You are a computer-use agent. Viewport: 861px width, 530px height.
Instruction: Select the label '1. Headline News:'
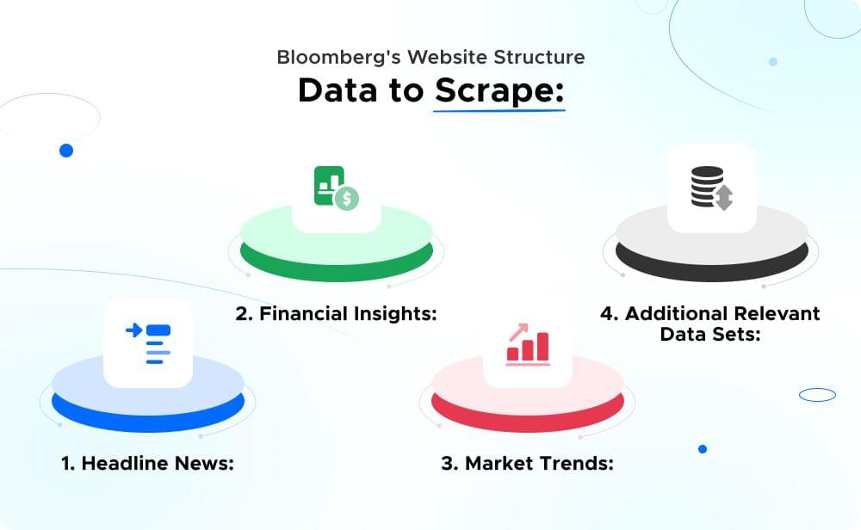147,463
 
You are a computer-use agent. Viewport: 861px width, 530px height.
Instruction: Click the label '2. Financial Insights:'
337,313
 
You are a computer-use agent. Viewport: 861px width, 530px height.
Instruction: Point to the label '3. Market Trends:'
527,463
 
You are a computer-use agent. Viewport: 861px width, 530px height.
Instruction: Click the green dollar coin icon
347,199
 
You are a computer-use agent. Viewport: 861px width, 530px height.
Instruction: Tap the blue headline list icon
148,343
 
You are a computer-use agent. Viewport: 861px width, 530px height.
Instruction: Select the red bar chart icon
528,344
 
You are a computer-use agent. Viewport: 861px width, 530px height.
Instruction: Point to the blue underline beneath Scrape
499,110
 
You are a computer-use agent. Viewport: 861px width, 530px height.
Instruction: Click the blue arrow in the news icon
133,330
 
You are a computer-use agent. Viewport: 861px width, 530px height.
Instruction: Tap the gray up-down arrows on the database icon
723,197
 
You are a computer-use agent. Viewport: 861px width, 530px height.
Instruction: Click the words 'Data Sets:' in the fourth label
710,334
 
